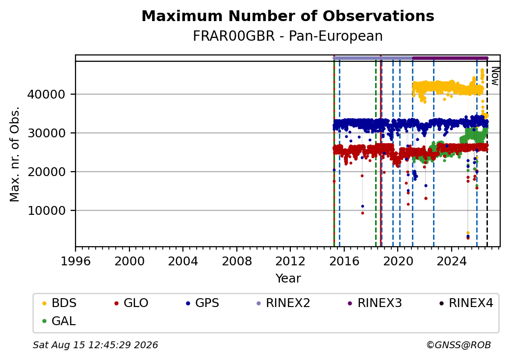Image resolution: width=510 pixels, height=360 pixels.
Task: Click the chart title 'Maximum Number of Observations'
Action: coord(288,16)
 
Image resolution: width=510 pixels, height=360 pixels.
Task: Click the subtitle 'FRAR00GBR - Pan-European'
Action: coord(288,36)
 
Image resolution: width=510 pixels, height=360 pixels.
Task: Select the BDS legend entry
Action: coord(59,303)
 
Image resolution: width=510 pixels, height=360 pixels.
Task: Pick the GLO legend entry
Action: coord(131,303)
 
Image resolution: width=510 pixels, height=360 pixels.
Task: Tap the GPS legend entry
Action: coord(203,303)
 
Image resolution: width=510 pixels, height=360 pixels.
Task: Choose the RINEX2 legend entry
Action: coord(283,303)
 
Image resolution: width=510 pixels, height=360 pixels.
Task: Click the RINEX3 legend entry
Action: coord(375,303)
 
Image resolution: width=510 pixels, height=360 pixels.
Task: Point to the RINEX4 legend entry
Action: coord(466,303)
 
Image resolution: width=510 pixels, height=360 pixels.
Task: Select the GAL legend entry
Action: coord(59,321)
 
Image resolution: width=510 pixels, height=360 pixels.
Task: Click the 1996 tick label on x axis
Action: coord(76,261)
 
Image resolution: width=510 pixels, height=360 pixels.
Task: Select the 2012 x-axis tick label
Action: coord(290,261)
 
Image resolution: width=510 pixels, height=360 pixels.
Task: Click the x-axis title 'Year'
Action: coord(288,279)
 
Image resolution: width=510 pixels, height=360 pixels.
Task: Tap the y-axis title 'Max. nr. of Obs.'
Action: coord(15,154)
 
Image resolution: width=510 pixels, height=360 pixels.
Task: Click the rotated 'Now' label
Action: coord(495,76)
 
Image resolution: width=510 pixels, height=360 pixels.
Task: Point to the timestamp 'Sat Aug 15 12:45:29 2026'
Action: coord(95,345)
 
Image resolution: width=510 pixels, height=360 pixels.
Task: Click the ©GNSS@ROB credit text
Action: coord(459,345)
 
